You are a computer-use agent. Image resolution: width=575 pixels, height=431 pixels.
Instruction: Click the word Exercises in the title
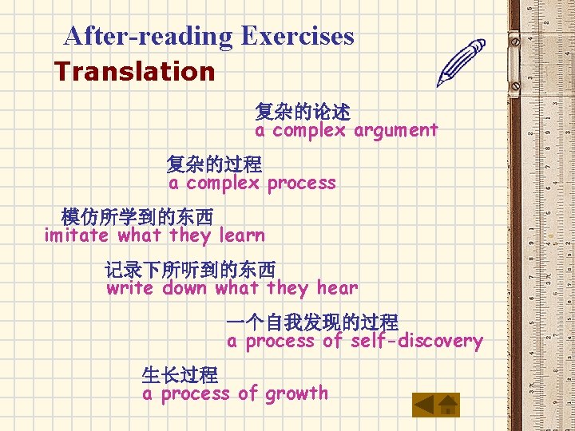click(x=297, y=36)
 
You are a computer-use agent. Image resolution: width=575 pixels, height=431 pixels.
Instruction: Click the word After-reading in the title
click(x=149, y=36)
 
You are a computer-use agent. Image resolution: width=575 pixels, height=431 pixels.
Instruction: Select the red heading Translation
click(x=135, y=71)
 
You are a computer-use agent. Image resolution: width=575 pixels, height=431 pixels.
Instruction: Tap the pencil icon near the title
click(x=462, y=63)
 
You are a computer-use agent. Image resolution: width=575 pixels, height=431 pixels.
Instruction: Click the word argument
click(x=396, y=130)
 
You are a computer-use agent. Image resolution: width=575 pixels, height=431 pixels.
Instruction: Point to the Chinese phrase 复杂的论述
click(x=303, y=112)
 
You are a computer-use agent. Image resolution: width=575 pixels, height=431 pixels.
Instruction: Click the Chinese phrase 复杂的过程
click(x=214, y=164)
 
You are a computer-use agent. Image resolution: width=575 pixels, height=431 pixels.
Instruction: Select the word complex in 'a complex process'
click(x=223, y=183)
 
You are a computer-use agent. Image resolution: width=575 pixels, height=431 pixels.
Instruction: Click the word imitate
click(x=76, y=235)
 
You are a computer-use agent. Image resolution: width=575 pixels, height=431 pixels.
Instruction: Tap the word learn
click(x=241, y=235)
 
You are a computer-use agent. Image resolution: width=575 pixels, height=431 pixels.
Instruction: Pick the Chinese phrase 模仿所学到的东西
click(x=137, y=216)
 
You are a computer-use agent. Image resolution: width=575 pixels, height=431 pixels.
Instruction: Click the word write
click(x=130, y=288)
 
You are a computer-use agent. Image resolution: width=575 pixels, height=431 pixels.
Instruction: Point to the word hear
click(x=337, y=288)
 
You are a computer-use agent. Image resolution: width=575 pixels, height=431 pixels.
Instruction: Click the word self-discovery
click(x=416, y=342)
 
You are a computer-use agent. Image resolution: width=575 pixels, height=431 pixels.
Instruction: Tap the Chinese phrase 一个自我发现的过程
click(x=312, y=322)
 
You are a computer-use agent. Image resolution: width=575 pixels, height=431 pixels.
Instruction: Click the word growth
click(x=296, y=393)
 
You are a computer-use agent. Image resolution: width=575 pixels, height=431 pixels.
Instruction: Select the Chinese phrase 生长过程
click(x=180, y=374)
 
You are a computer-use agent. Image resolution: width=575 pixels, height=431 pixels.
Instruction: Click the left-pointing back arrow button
click(x=425, y=405)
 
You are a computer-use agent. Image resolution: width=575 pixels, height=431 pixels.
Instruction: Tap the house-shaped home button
click(x=449, y=405)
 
